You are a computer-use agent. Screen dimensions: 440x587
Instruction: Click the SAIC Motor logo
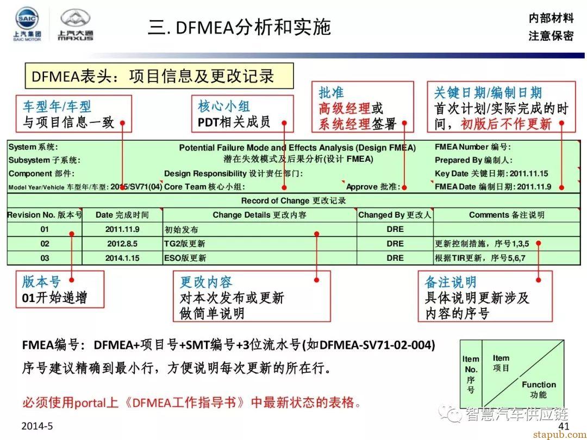pyautogui.click(x=27, y=24)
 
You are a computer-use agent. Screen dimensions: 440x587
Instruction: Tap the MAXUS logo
pyautogui.click(x=76, y=25)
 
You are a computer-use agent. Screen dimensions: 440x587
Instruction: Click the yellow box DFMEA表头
pyautogui.click(x=159, y=76)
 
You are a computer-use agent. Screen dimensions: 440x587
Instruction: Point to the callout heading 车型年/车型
pyautogui.click(x=57, y=106)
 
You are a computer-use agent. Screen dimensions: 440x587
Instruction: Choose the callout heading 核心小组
pyautogui.click(x=224, y=106)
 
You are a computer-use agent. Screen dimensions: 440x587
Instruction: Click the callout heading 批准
pyautogui.click(x=331, y=93)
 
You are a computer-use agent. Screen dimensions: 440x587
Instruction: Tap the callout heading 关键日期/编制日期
pyautogui.click(x=488, y=93)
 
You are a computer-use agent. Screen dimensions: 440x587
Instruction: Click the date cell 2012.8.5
pyautogui.click(x=122, y=244)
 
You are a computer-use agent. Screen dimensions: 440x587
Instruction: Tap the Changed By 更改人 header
pyautogui.click(x=395, y=215)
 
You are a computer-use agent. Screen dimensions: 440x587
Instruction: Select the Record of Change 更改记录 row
pyautogui.click(x=293, y=201)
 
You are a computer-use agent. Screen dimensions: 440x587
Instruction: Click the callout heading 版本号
pyautogui.click(x=41, y=281)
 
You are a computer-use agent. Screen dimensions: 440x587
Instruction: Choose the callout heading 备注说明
pyautogui.click(x=450, y=282)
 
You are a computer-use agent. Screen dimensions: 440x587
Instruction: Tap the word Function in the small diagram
pyautogui.click(x=539, y=385)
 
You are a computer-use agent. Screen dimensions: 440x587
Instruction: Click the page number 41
pyautogui.click(x=564, y=426)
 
